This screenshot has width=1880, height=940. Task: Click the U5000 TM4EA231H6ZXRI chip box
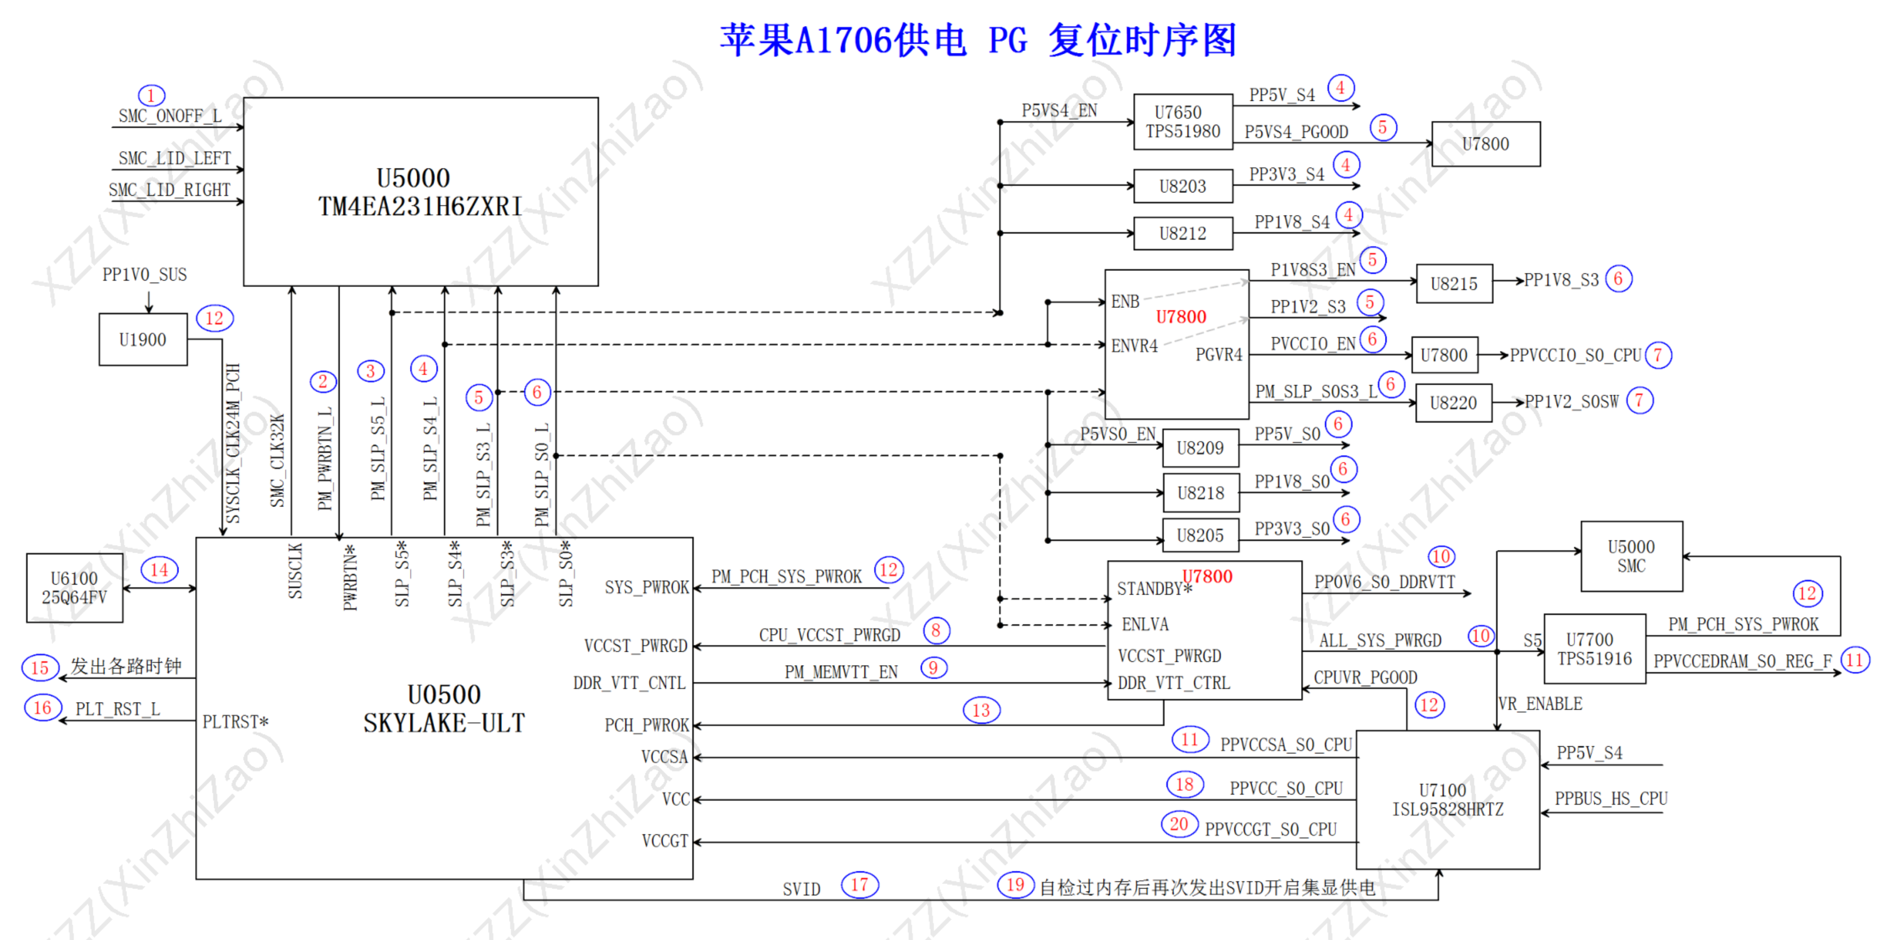click(421, 191)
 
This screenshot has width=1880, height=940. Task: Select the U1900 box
click(143, 340)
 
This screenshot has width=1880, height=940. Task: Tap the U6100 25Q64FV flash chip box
click(74, 588)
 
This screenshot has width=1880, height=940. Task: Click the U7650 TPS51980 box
click(1182, 122)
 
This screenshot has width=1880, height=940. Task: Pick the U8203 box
click(1182, 186)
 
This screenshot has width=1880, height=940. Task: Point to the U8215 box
click(1454, 283)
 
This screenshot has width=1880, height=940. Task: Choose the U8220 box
click(1453, 403)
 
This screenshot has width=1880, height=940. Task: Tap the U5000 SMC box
click(1631, 556)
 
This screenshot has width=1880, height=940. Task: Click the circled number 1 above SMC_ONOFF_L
click(151, 96)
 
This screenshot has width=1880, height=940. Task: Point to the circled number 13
click(981, 710)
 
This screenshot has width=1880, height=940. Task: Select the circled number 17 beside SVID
click(860, 885)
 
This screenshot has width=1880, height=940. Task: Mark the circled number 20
click(1179, 825)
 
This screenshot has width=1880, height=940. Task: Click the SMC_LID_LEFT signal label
click(175, 158)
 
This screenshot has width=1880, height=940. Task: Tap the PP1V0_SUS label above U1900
click(144, 275)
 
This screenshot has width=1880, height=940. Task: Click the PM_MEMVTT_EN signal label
click(841, 672)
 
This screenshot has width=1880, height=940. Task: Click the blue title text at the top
click(978, 40)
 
